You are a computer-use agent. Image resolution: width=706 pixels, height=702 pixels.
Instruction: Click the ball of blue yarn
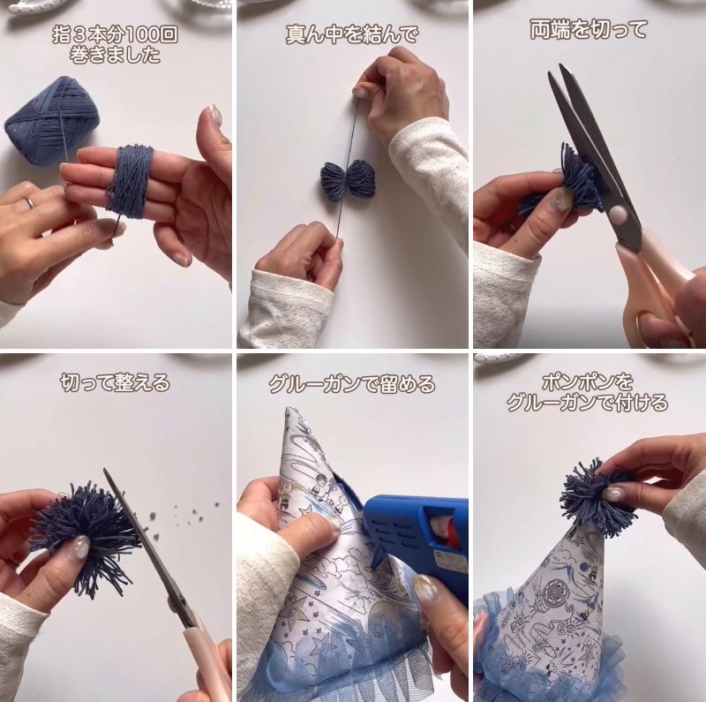[51, 120]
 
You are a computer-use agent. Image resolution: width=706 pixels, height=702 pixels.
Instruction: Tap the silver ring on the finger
[28, 203]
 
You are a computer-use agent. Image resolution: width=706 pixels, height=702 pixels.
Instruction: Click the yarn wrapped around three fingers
[130, 180]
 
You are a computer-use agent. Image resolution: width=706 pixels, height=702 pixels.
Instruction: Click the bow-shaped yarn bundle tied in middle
[347, 180]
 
